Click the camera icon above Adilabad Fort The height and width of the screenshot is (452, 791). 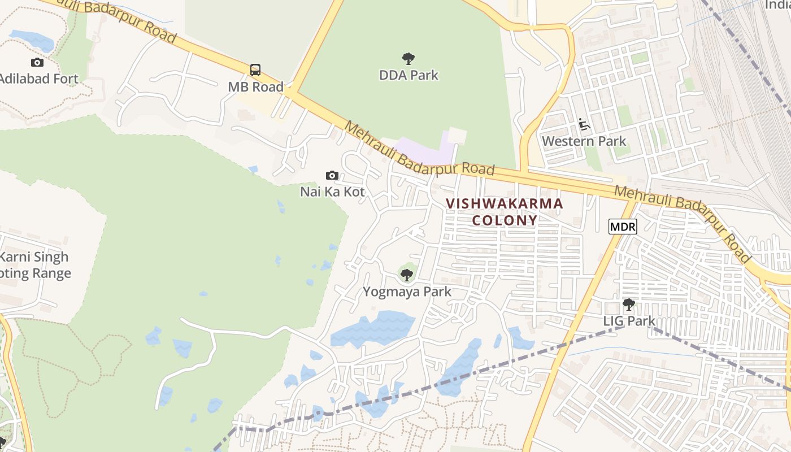(37, 62)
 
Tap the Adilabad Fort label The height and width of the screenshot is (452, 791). (38, 79)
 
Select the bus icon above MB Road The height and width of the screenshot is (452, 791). (255, 70)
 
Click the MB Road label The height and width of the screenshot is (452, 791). (255, 87)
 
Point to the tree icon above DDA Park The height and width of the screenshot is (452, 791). (408, 58)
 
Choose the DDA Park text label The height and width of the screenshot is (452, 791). (408, 75)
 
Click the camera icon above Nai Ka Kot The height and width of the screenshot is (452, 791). (332, 175)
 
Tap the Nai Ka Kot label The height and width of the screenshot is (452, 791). (332, 192)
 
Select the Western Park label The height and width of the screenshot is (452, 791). (584, 141)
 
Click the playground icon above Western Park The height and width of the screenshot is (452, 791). (584, 124)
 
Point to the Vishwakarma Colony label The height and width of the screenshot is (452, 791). (505, 212)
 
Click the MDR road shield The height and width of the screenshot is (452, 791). (623, 227)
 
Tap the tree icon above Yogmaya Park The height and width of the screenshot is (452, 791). (406, 275)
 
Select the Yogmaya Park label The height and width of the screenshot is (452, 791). (407, 292)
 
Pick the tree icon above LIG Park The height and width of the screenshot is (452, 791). (628, 305)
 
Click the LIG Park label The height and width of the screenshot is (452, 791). (629, 321)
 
